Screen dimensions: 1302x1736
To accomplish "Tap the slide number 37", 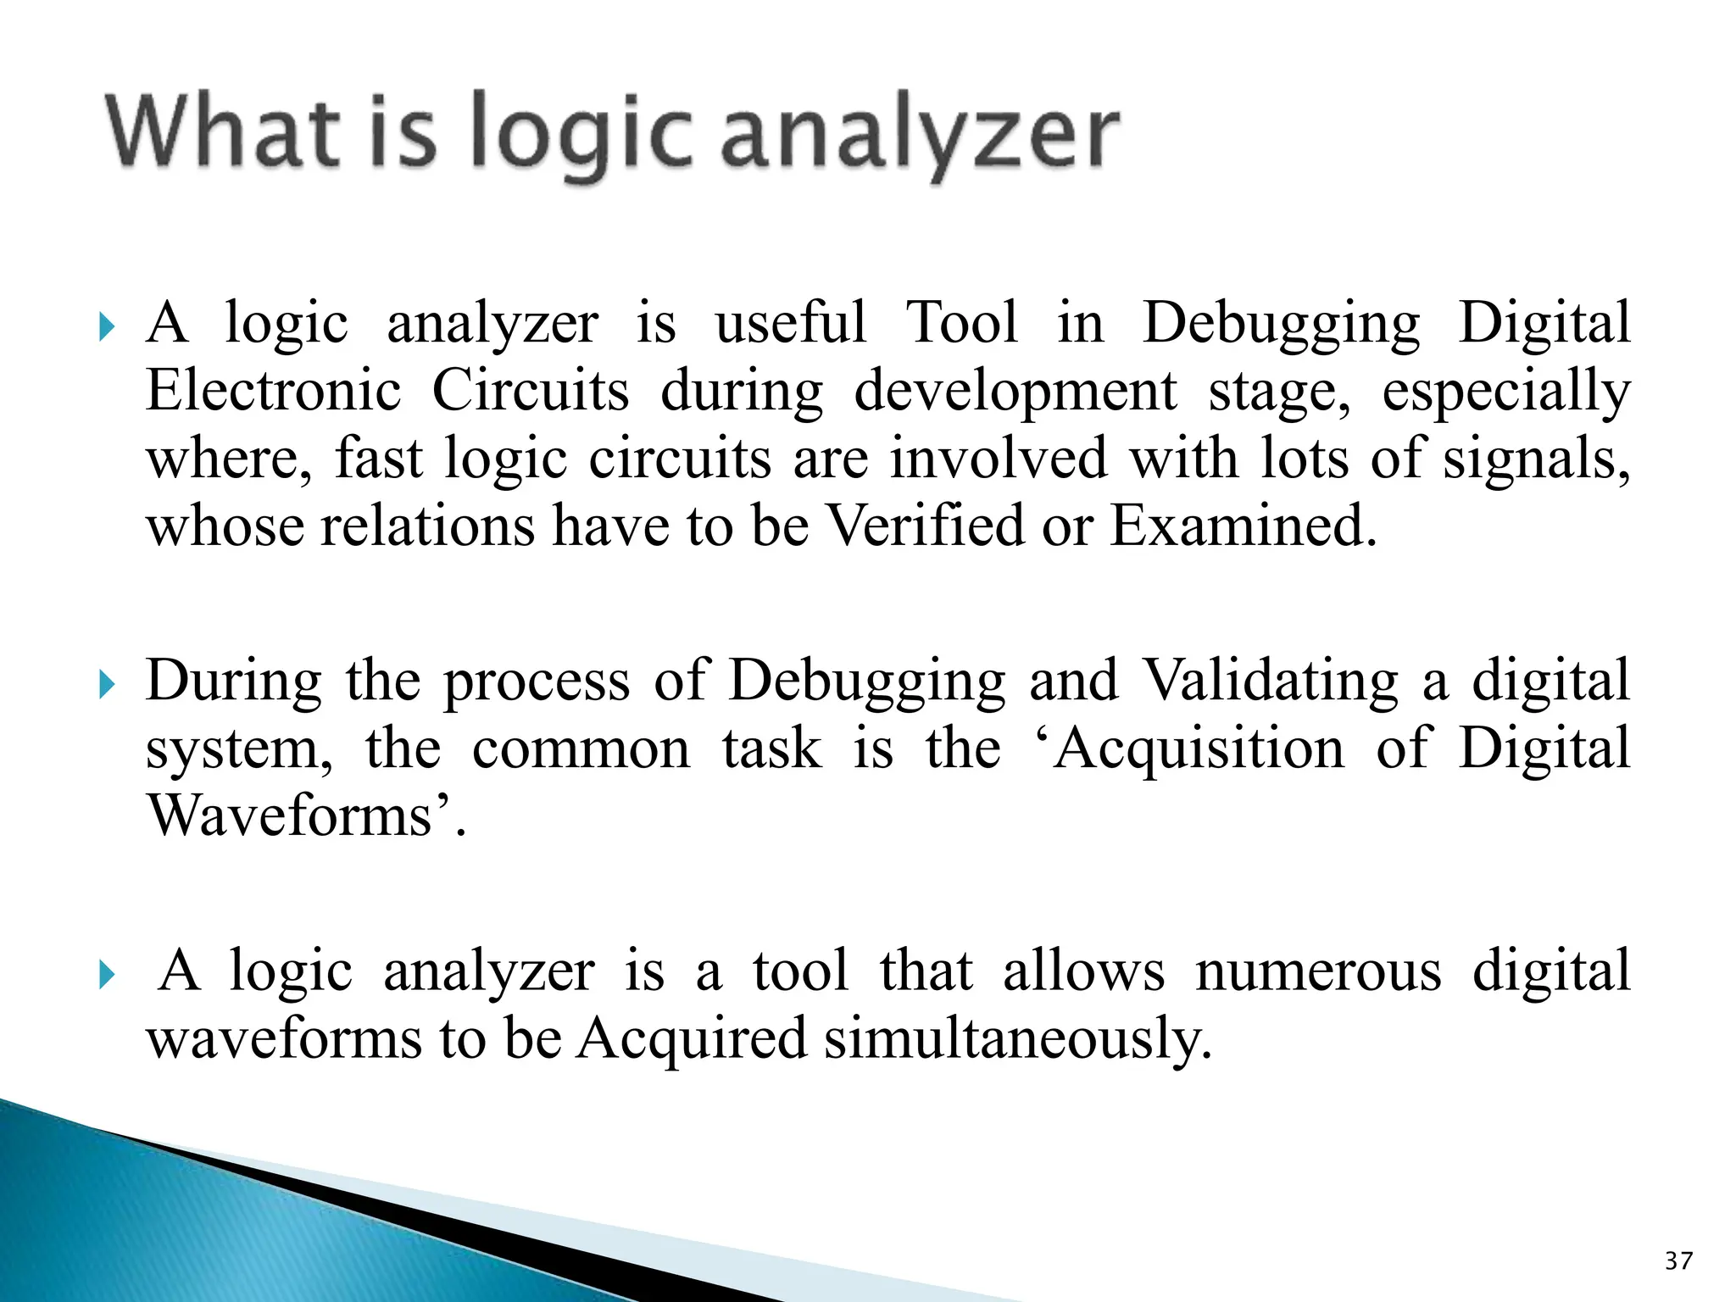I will tap(1678, 1260).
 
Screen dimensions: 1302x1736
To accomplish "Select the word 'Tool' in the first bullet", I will tap(962, 323).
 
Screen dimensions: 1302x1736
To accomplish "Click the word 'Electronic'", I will tap(273, 391).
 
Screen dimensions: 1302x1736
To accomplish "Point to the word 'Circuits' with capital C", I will tap(531, 391).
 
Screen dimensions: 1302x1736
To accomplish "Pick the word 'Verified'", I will tap(924, 526).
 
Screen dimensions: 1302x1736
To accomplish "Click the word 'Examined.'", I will tap(1244, 526).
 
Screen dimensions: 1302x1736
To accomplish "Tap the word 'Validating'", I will tap(1270, 681).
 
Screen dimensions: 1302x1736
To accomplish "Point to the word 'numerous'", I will tap(1318, 971).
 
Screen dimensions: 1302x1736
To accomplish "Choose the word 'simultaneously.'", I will tap(1018, 1039).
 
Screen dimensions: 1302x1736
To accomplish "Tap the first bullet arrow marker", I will tap(107, 326).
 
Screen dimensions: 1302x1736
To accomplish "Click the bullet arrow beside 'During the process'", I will tap(107, 684).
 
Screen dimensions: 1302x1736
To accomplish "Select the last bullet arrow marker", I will tap(107, 975).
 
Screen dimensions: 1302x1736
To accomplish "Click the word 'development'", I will tap(1015, 392).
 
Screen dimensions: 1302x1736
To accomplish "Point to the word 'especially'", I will tap(1505, 392).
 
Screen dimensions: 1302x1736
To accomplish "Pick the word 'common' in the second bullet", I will tap(581, 749).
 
